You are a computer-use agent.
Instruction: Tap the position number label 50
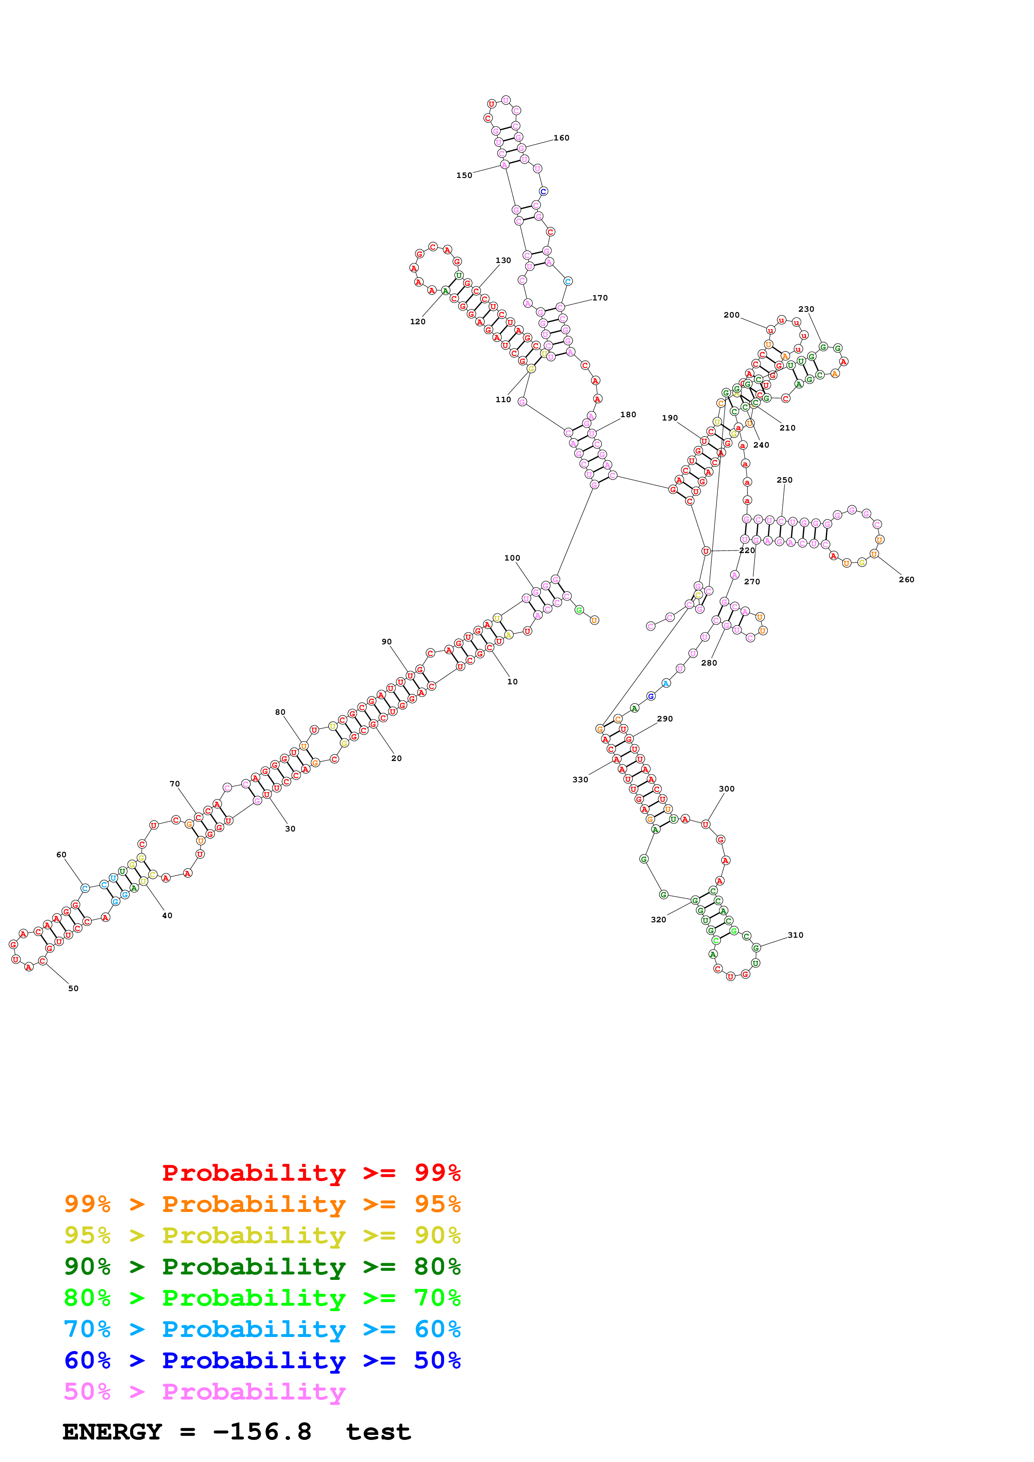pos(73,988)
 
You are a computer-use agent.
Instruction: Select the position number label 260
pos(906,579)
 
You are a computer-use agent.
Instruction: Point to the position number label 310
pos(795,935)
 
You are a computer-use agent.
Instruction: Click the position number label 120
pos(417,322)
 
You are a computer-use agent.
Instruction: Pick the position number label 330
pos(580,779)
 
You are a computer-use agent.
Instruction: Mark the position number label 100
pos(512,558)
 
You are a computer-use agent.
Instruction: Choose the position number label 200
pos(731,315)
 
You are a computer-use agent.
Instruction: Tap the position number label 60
pos(61,854)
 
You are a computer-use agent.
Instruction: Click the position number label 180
pos(628,415)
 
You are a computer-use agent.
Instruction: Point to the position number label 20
pos(396,759)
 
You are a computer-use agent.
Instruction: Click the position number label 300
pos(726,789)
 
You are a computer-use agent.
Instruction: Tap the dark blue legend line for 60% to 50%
pos(262,1360)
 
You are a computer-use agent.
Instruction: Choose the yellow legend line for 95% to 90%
pos(262,1235)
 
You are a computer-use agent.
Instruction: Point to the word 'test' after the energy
pos(378,1432)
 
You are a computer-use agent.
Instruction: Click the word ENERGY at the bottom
pos(112,1432)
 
